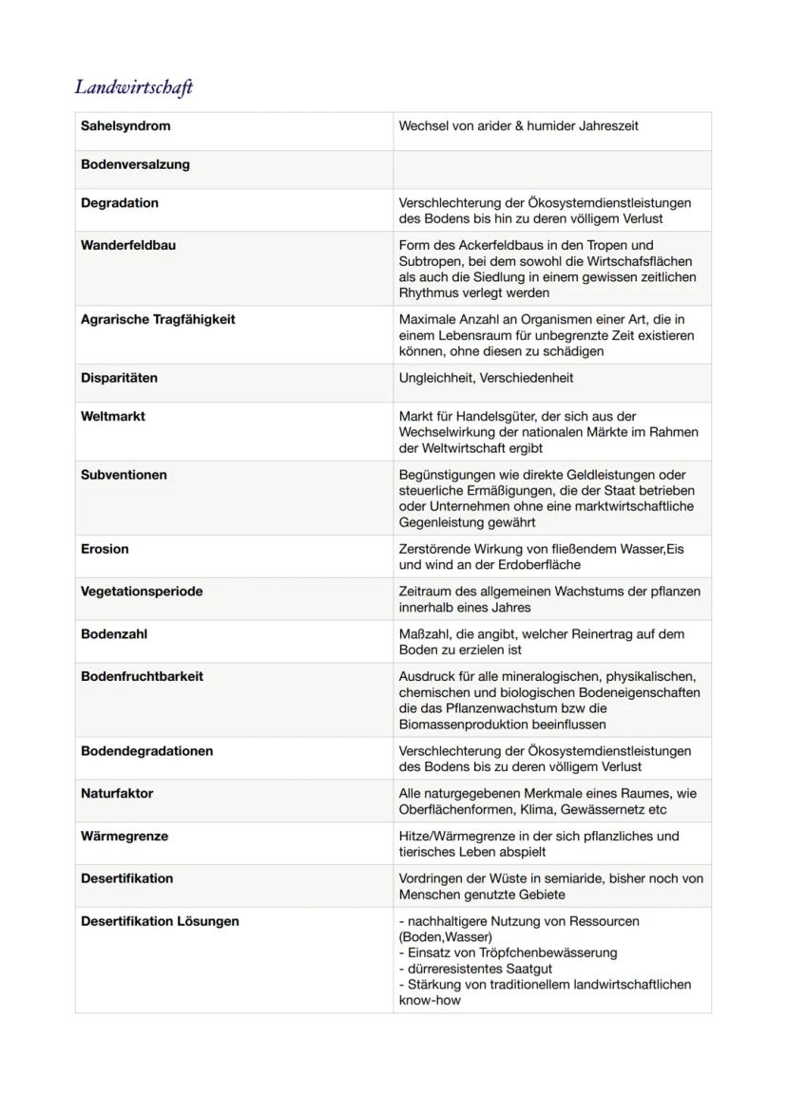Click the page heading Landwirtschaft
134,87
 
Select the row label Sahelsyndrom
125,125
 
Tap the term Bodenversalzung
135,164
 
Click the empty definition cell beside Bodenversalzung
551,169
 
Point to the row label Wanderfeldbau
128,245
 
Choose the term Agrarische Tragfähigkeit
158,319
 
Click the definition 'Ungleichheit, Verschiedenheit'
486,378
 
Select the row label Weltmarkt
113,416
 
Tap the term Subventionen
124,475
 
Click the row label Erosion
105,549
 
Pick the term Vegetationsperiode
142,591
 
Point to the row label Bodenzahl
114,633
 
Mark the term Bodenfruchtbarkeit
143,676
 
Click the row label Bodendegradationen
146,751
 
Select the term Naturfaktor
117,793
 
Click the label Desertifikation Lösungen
160,921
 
